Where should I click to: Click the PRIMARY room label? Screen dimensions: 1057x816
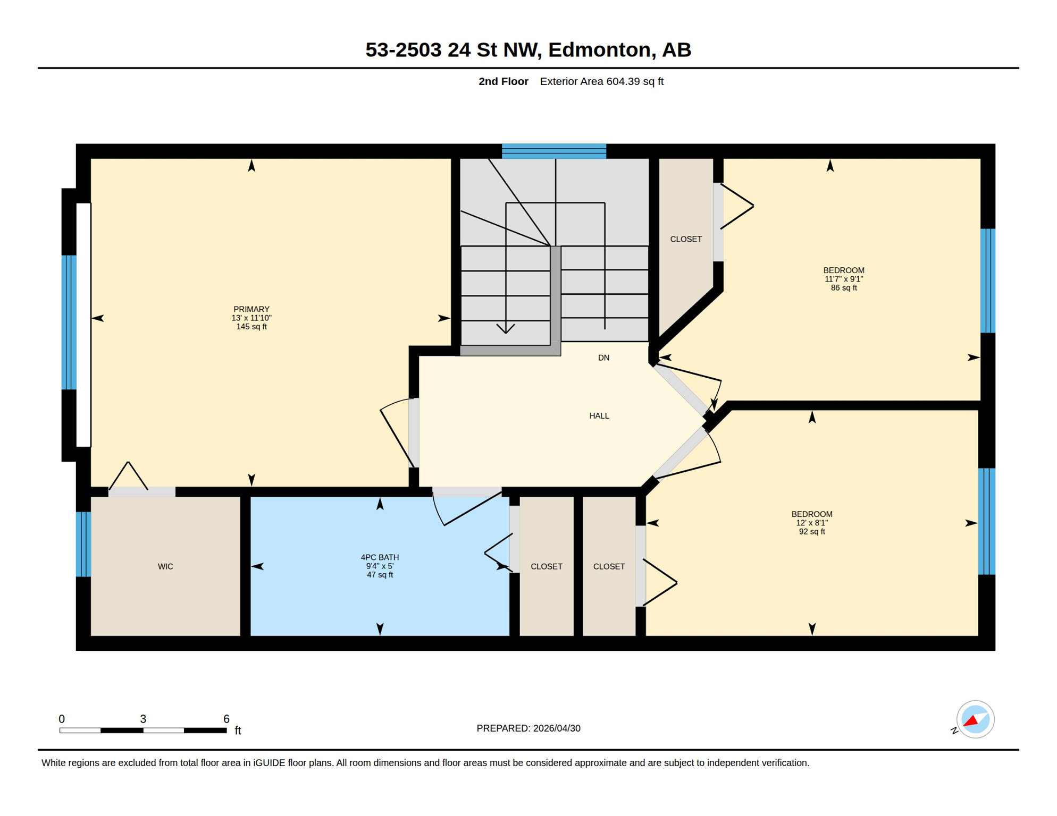pos(251,309)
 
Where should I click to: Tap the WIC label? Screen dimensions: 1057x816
pos(165,566)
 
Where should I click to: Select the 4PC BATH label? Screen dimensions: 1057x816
pos(380,557)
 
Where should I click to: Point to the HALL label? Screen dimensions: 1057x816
pos(599,416)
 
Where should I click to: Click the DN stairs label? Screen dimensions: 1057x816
pos(603,358)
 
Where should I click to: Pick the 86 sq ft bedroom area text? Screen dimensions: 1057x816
pos(844,288)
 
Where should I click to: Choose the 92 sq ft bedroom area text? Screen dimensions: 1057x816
pos(812,532)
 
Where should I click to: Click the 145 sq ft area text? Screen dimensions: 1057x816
pos(251,327)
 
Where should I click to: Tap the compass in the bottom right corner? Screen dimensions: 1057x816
pos(975,719)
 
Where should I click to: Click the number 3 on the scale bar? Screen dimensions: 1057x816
pos(143,719)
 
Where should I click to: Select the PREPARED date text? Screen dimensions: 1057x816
pos(528,728)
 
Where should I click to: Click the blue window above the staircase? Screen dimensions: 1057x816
pos(554,151)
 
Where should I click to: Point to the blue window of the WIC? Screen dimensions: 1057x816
pos(83,544)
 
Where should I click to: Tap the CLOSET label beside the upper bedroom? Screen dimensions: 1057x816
pos(686,240)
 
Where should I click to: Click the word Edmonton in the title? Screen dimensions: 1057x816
pos(600,49)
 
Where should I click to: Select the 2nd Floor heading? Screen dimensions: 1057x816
pos(504,81)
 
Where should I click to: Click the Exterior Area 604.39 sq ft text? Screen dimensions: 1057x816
pos(602,81)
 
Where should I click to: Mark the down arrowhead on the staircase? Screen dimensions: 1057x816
pos(506,328)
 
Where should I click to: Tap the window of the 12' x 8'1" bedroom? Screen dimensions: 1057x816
pos(987,521)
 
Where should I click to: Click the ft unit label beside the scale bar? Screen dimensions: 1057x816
pos(238,730)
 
